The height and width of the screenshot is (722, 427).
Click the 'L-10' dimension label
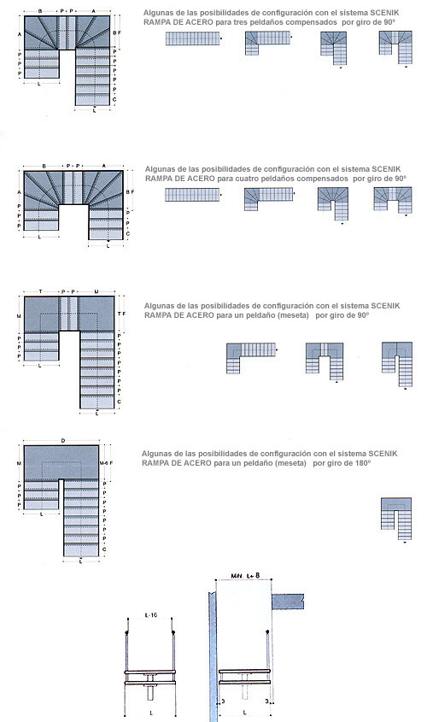[149, 615]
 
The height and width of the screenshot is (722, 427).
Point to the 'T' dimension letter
[40, 291]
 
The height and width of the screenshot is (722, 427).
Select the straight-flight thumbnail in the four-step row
[191, 196]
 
